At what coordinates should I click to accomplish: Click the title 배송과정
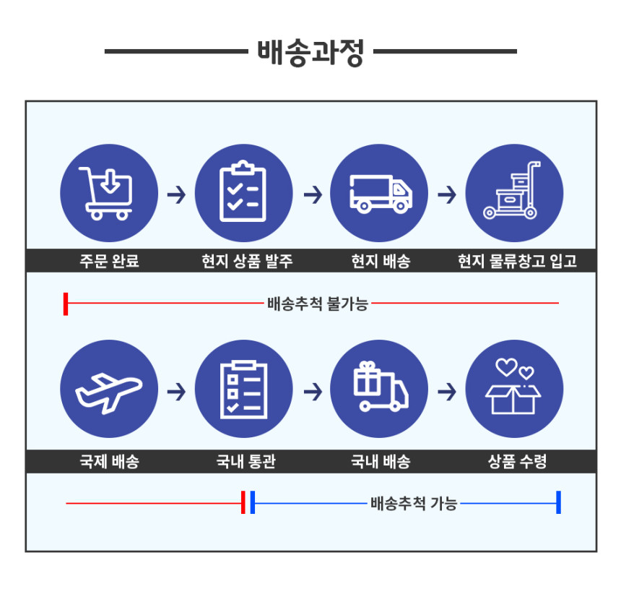[x=310, y=52]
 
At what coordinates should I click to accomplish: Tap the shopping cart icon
[x=106, y=193]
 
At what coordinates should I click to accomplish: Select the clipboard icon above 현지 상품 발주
[x=243, y=191]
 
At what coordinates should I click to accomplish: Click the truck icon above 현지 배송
[x=381, y=194]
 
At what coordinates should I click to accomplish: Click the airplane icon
[x=108, y=393]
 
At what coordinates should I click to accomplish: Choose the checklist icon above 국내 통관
[x=243, y=390]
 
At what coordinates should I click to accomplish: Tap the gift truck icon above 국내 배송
[x=381, y=387]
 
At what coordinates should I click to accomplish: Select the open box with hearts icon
[x=513, y=387]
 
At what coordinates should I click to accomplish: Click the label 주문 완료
[x=109, y=261]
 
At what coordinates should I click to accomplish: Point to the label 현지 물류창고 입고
[x=517, y=261]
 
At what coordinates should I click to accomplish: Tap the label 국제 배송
[x=109, y=462]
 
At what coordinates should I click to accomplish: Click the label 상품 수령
[x=517, y=462]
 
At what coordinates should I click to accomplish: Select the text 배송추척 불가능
[x=318, y=304]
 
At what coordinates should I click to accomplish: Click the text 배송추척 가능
[x=414, y=504]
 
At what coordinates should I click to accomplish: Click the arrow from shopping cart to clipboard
[x=177, y=194]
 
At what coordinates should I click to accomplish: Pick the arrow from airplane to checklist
[x=177, y=392]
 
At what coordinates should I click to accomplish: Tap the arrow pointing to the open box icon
[x=447, y=392]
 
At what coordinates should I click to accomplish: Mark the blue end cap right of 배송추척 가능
[x=558, y=502]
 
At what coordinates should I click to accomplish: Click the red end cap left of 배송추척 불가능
[x=66, y=304]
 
